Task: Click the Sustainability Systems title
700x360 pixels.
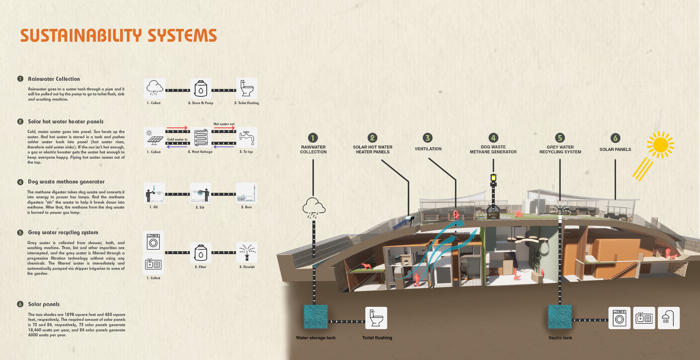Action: pos(118,36)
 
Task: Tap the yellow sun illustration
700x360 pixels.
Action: pos(660,145)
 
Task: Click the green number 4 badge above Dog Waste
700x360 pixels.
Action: pos(493,138)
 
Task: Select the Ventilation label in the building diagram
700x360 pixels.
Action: pos(428,149)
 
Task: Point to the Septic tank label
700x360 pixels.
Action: pos(560,338)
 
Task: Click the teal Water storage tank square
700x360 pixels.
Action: pos(316,317)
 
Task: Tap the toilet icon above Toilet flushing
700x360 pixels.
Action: pos(376,318)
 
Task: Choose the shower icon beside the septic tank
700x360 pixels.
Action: pos(668,318)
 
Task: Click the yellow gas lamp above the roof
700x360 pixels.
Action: pos(493,178)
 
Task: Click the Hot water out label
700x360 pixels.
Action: pos(224,124)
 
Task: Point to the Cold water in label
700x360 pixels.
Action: pos(177,139)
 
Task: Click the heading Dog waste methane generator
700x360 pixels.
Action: pos(66,182)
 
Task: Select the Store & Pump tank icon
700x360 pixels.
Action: pos(201,88)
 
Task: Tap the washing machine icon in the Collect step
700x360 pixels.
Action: pos(153,242)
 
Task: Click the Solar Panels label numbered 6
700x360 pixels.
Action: pos(615,149)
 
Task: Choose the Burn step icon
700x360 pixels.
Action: pos(247,193)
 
